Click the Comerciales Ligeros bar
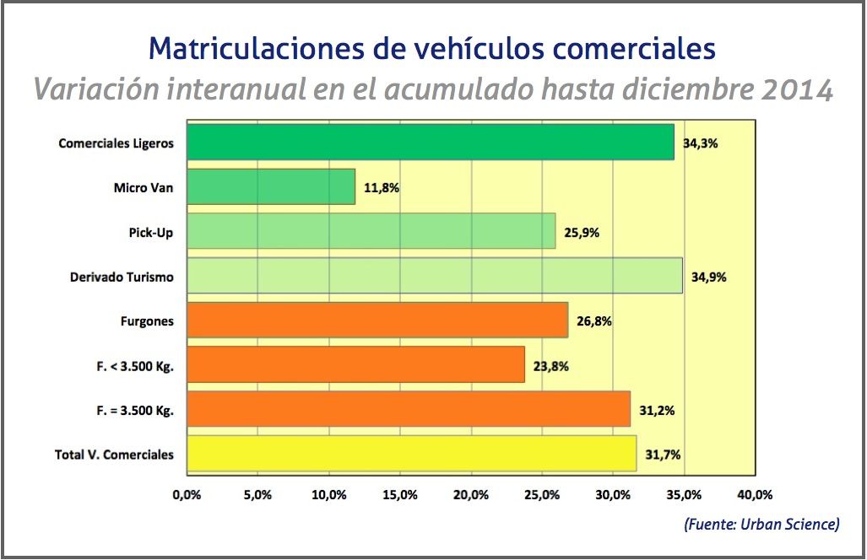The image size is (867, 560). click(431, 143)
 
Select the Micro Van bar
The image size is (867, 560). click(271, 187)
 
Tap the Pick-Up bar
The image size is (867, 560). click(371, 231)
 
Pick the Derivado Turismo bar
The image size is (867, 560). click(434, 276)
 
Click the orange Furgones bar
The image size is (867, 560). click(377, 320)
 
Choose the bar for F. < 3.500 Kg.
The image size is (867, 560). click(355, 365)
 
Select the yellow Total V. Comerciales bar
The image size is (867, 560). click(411, 454)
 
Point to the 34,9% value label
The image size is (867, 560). click(709, 277)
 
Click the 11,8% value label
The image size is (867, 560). click(382, 188)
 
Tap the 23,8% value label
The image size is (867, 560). click(550, 366)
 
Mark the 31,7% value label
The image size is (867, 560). click(663, 455)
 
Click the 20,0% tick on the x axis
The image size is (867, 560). click(470, 495)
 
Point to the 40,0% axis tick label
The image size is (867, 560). click(755, 495)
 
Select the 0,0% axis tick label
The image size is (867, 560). click(186, 495)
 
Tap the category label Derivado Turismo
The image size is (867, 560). click(122, 277)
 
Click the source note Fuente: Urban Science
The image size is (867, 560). click(761, 525)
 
